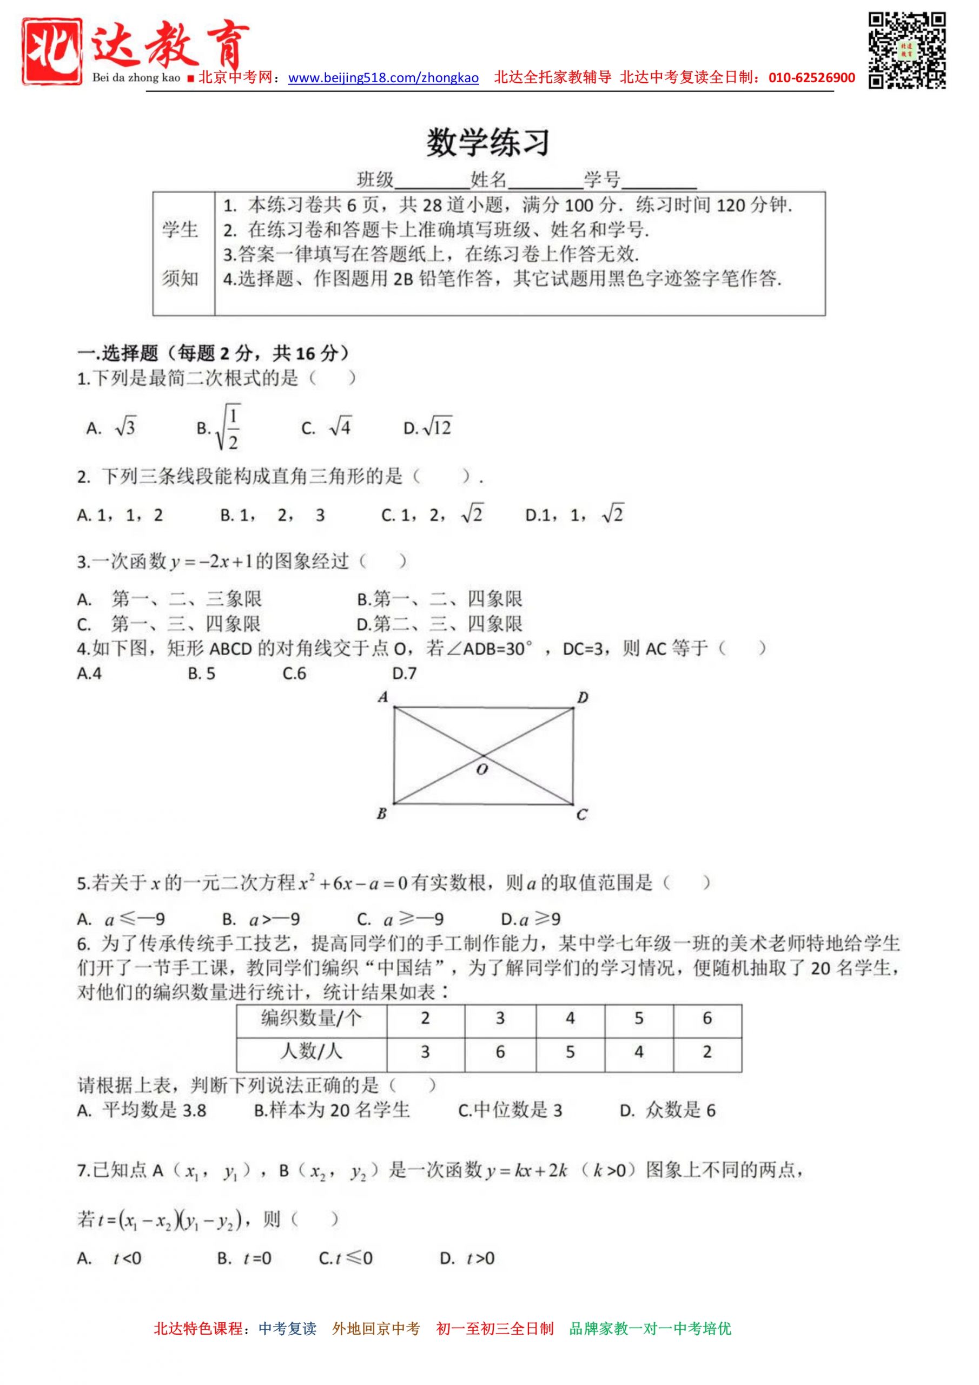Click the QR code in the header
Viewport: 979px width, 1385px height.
[x=907, y=51]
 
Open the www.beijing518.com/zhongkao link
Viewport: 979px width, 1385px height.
[x=383, y=78]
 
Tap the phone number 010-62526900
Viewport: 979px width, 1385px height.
[x=811, y=78]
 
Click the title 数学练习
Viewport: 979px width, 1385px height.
[x=488, y=143]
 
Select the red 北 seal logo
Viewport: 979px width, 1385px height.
[x=52, y=51]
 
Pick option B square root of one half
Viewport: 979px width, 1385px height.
[x=220, y=428]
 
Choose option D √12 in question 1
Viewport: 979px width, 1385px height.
[x=428, y=428]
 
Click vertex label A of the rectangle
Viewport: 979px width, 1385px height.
[x=382, y=697]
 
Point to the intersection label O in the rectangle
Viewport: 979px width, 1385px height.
[x=481, y=769]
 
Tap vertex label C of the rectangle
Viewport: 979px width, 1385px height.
[x=581, y=815]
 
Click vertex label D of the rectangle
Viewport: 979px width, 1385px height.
[x=582, y=698]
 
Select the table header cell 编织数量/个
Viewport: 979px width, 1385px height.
[x=311, y=1018]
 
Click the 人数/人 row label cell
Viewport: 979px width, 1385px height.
[x=311, y=1052]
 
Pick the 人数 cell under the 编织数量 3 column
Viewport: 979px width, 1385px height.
[x=500, y=1052]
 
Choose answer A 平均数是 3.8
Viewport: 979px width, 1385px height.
[x=142, y=1110]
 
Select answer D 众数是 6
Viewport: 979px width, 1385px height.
[x=668, y=1110]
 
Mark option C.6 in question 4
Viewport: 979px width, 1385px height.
[x=294, y=673]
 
